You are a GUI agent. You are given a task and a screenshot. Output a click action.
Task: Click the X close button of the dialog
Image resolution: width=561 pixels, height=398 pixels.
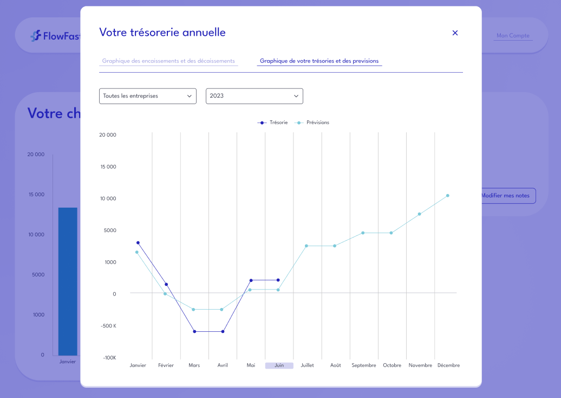tap(455, 33)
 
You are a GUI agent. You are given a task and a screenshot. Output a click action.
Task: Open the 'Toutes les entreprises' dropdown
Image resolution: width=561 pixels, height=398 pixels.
tap(147, 96)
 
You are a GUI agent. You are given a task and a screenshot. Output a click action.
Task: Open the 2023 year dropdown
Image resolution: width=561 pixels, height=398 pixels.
tap(254, 96)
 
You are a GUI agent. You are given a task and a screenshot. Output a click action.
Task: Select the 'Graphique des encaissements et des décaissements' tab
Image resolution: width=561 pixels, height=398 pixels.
tap(168, 61)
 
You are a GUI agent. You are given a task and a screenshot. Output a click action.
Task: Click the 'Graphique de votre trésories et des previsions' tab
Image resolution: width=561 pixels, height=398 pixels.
tap(319, 61)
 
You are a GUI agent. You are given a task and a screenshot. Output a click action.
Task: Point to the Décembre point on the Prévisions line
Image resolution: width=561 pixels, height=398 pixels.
tap(448, 196)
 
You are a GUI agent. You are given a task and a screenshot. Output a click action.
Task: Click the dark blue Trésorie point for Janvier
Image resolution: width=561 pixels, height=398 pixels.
tap(138, 243)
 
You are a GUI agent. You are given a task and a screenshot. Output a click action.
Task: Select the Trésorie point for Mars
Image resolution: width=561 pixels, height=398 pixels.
tap(194, 331)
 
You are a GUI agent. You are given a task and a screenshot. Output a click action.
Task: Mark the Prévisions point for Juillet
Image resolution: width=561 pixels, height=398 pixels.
tap(306, 246)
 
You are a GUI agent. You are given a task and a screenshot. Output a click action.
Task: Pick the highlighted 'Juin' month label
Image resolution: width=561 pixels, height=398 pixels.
tap(279, 365)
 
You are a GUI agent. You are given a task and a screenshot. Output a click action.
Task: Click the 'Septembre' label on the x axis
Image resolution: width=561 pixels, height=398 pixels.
tap(364, 365)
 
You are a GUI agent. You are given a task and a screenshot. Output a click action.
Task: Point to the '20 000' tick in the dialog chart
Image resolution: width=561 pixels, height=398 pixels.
tap(108, 135)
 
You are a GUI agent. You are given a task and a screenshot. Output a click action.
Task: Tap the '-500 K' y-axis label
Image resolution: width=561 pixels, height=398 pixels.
tap(108, 326)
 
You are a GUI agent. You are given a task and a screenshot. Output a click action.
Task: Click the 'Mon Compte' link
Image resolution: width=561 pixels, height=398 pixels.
tap(513, 36)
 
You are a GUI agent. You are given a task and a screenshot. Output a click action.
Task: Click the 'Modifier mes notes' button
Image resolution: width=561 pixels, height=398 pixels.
tap(506, 196)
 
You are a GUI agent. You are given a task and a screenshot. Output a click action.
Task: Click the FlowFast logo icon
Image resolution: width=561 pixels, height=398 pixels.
tap(36, 36)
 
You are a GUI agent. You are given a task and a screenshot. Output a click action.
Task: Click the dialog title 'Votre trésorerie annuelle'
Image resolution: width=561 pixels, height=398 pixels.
tap(162, 33)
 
